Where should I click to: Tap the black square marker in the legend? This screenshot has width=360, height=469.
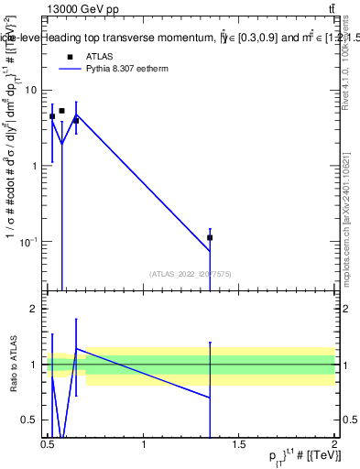[x=70, y=56]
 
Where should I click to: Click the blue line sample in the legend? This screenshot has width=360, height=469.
[x=70, y=68]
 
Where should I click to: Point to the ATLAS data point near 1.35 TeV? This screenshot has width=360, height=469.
[x=211, y=237]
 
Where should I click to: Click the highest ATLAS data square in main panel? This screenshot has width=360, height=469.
[x=61, y=111]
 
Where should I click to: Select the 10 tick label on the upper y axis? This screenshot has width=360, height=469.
[x=30, y=90]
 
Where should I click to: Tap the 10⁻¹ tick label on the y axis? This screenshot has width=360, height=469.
[x=28, y=241]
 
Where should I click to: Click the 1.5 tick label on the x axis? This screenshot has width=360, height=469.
[x=240, y=445]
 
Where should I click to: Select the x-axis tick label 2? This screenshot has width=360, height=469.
[x=335, y=445]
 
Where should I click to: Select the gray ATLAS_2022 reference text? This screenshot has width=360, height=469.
[x=191, y=273]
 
